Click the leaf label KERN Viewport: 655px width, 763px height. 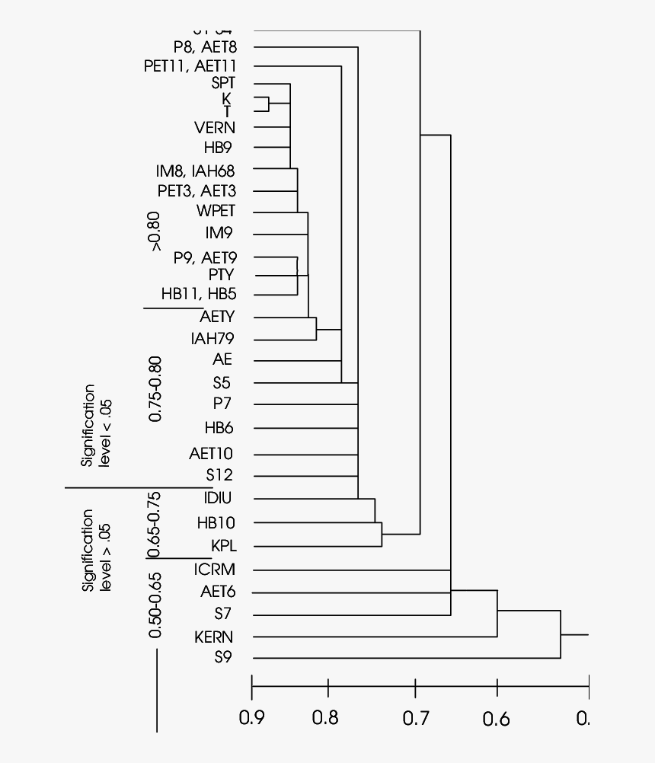click(214, 637)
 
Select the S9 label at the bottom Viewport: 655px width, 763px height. click(222, 657)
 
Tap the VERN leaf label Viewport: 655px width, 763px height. click(215, 127)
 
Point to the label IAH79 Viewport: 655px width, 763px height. click(212, 338)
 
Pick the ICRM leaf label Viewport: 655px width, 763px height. click(214, 569)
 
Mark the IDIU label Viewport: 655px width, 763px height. click(218, 498)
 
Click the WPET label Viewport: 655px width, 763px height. click(216, 211)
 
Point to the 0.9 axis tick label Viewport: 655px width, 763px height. click(252, 717)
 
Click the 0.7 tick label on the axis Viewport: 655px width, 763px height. click(415, 717)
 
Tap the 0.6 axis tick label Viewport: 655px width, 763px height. click(497, 717)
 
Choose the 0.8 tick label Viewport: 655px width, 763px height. click(328, 717)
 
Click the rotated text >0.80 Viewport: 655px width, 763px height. click(155, 231)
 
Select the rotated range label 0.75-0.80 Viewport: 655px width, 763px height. click(155, 388)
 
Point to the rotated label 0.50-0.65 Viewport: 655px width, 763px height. click(155, 605)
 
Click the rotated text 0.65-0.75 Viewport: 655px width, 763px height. click(155, 525)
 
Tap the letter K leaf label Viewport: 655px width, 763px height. click(226, 98)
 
